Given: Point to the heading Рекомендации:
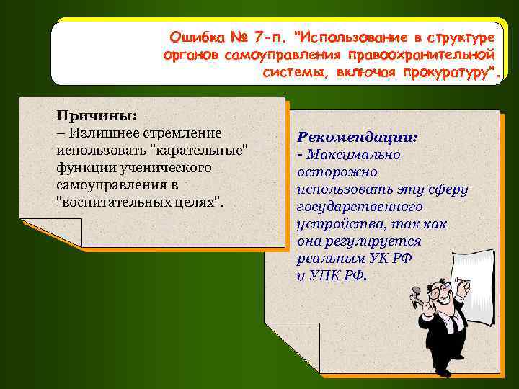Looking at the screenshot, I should click(x=358, y=137).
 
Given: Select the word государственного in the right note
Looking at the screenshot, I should click(x=353, y=207).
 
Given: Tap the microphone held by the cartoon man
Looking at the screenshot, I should click(x=416, y=294).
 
